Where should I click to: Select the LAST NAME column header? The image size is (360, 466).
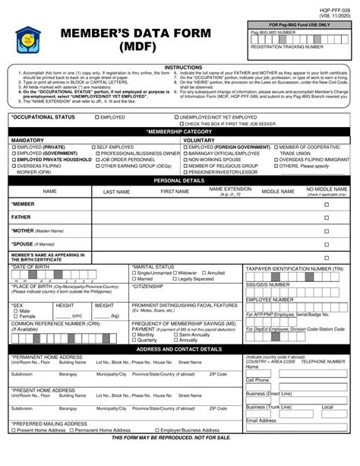click(116, 192)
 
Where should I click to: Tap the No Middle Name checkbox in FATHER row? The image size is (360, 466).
click(327, 217)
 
